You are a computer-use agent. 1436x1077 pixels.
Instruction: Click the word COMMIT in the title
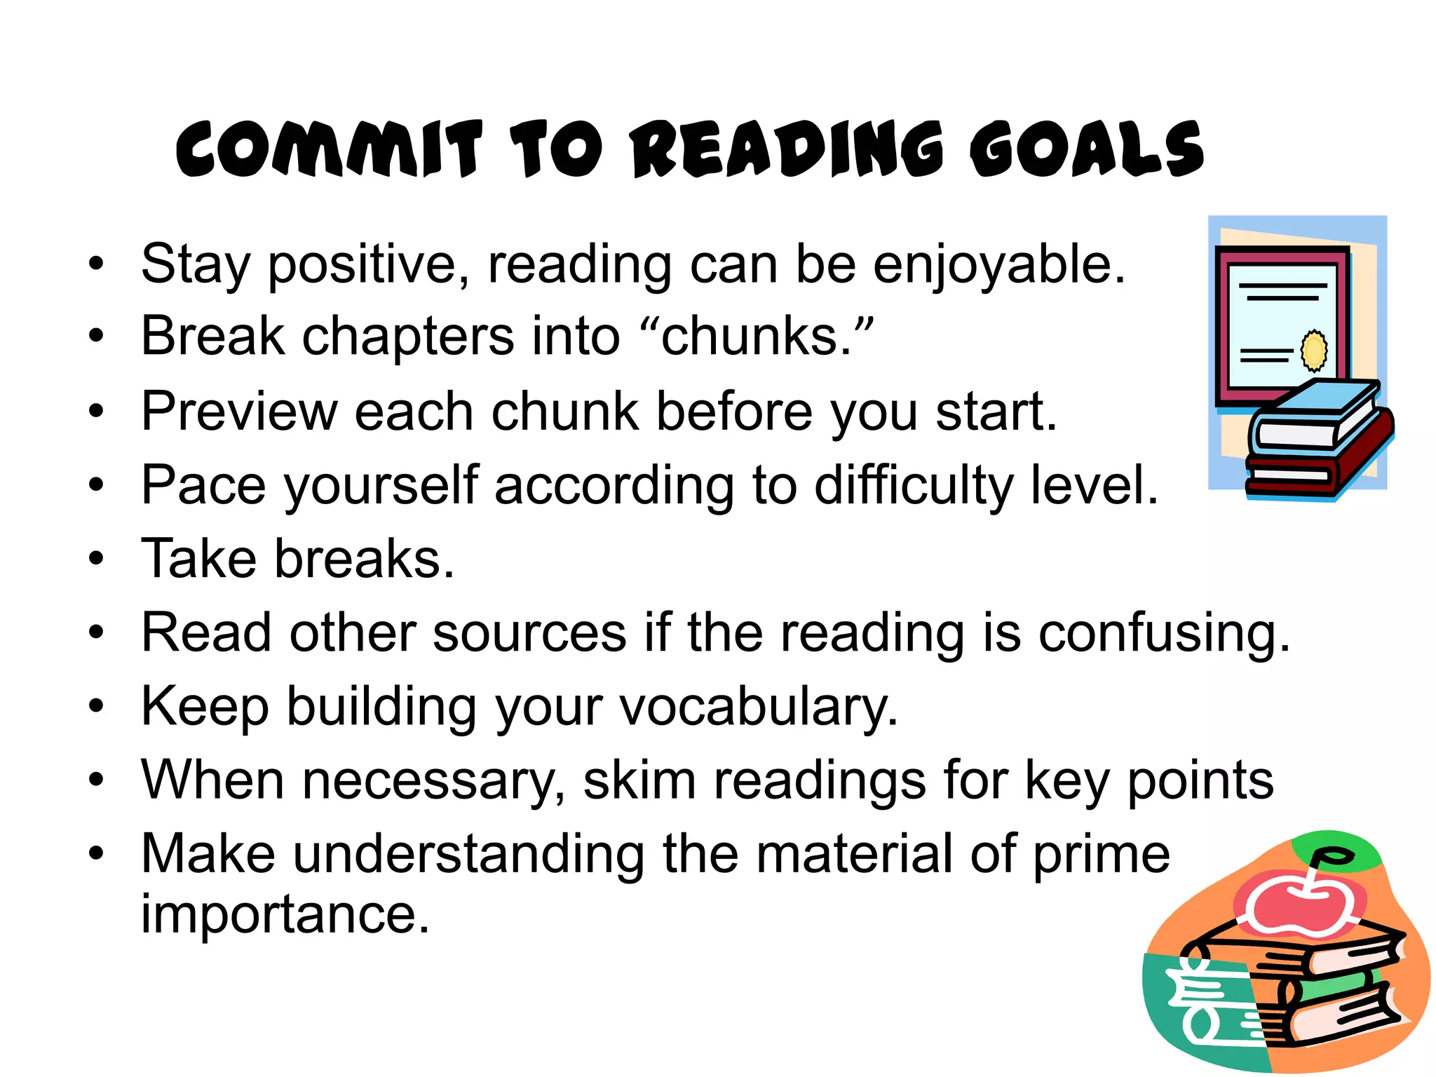pyautogui.click(x=330, y=149)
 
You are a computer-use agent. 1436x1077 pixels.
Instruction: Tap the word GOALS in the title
pyautogui.click(x=1087, y=149)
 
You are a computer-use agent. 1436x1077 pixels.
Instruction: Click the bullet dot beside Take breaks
pyautogui.click(x=96, y=560)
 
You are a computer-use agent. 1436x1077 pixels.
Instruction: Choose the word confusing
pyautogui.click(x=1164, y=633)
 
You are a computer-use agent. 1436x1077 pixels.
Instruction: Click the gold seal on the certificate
pyautogui.click(x=1314, y=350)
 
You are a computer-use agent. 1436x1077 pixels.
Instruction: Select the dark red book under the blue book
pyautogui.click(x=1318, y=470)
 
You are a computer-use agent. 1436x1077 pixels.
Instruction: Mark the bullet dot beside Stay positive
pyautogui.click(x=96, y=265)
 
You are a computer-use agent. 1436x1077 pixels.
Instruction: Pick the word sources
pyautogui.click(x=529, y=633)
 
